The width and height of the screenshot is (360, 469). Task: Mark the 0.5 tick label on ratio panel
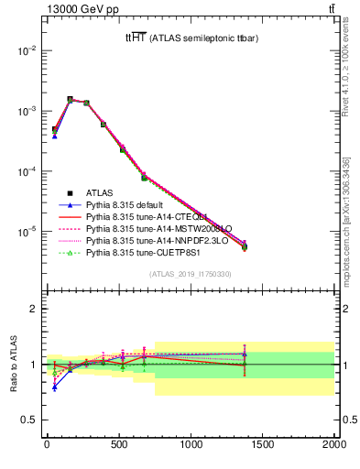(x=27, y=420)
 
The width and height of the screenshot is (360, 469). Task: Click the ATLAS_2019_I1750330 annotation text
(x=190, y=274)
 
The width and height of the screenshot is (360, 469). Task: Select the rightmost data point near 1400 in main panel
(x=245, y=246)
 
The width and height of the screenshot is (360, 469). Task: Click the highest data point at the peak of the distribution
(x=70, y=99)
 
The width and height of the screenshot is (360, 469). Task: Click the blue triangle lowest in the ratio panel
(x=55, y=387)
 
